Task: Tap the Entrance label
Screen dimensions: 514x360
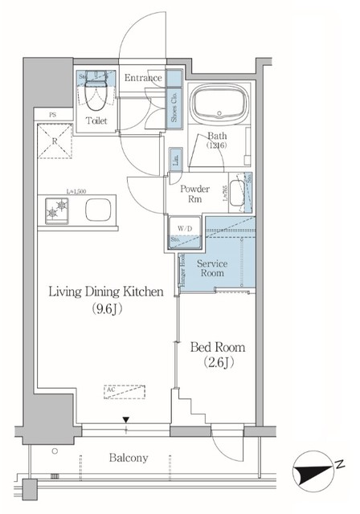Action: click(x=143, y=78)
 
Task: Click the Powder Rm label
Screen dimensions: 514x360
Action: click(x=195, y=194)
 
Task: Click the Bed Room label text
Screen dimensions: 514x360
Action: click(x=218, y=348)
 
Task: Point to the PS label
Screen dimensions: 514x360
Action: click(x=51, y=115)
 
